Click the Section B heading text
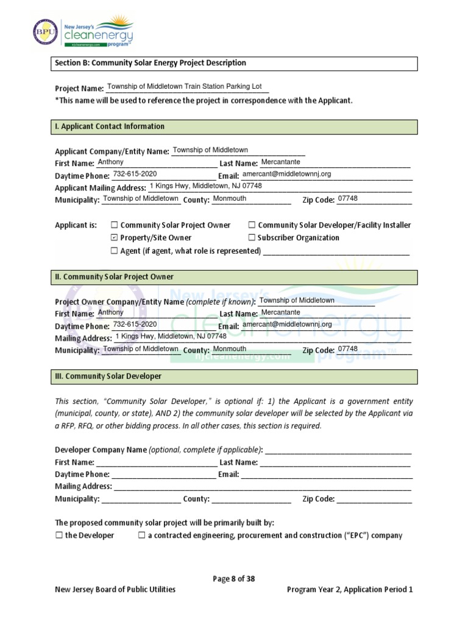(151, 63)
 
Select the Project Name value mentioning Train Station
(184, 87)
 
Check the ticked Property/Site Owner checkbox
(114, 238)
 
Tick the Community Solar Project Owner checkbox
(114, 225)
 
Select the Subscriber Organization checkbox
(252, 238)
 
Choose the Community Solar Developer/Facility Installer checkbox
(252, 225)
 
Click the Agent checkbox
(114, 251)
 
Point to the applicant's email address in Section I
(286, 174)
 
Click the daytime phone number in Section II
(135, 325)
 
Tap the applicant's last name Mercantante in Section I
(280, 162)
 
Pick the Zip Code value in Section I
(347, 199)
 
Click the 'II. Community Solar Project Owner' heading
(114, 277)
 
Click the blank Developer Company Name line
(338, 451)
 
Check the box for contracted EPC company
(141, 535)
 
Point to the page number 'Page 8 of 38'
(234, 579)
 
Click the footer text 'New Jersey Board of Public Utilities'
(115, 590)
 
